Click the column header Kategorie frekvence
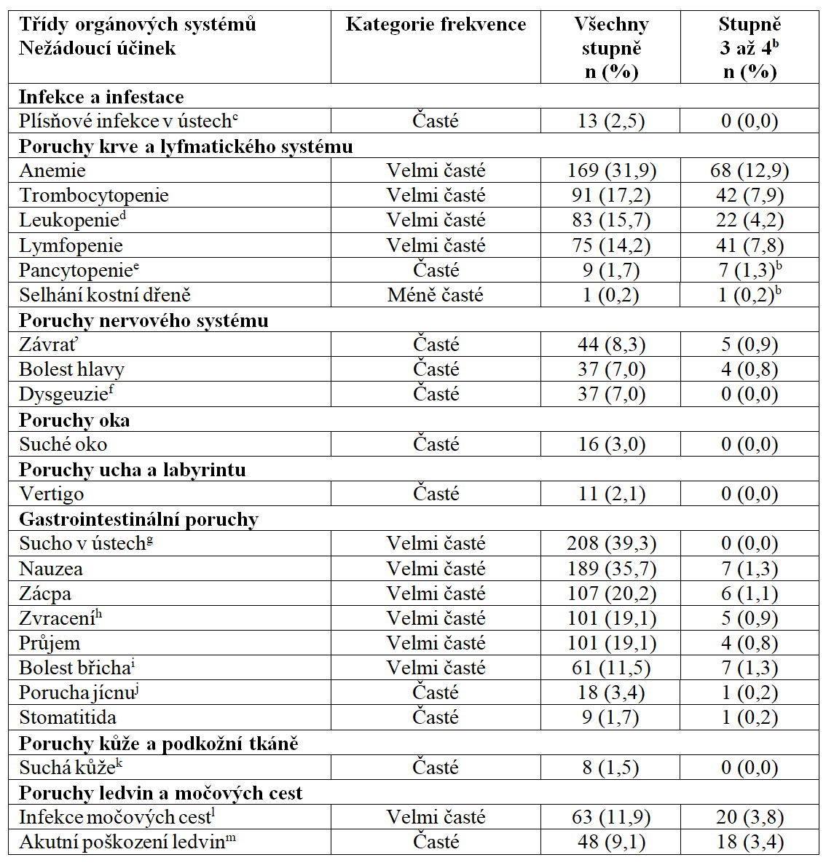click(x=436, y=25)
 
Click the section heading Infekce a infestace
click(x=101, y=97)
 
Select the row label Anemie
click(x=52, y=171)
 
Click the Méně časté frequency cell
click(x=436, y=295)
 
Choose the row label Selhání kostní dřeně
click(x=105, y=295)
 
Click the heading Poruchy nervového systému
click(x=143, y=320)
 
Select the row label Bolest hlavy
click(x=71, y=369)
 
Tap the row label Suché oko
click(x=63, y=444)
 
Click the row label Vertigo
click(x=51, y=494)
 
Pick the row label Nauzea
click(x=51, y=569)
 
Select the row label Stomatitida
click(x=68, y=717)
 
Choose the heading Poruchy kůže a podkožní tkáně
click(x=159, y=743)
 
